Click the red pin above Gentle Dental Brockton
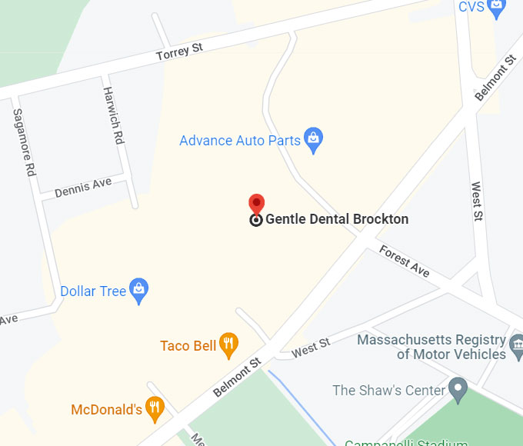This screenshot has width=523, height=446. (257, 204)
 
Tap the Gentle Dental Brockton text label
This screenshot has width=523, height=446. (337, 219)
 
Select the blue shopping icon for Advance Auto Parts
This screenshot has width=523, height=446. (313, 139)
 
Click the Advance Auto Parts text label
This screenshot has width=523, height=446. (239, 141)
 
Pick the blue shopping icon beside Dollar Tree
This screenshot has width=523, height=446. (138, 290)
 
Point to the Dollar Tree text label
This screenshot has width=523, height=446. (93, 291)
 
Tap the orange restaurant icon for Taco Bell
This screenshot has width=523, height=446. (228, 344)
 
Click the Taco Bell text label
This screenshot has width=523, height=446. (188, 346)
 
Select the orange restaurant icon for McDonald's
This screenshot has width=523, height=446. (155, 408)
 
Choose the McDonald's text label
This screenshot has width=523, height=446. (106, 410)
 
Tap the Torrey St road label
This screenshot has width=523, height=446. (179, 52)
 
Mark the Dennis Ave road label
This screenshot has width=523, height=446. (83, 187)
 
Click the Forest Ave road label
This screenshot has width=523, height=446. (404, 261)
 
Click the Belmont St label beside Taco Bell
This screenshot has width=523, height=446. (237, 376)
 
